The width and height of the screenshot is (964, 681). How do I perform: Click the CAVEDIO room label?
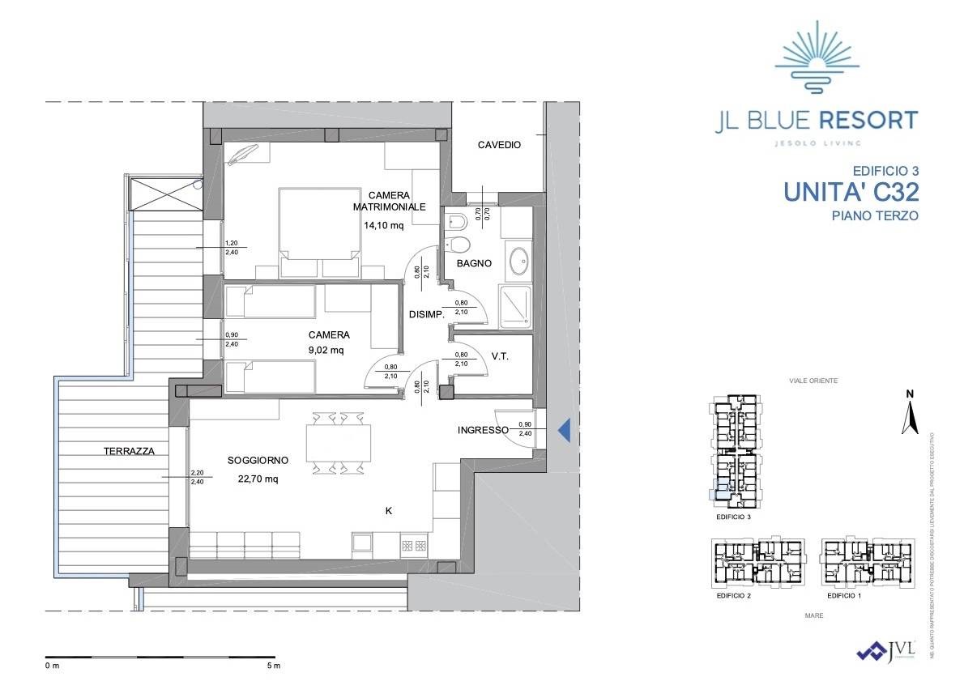[498, 145]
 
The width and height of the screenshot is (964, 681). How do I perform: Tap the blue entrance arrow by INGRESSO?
[565, 430]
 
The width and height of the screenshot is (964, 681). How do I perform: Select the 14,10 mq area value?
[386, 226]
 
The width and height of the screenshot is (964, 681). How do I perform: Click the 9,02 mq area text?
[326, 351]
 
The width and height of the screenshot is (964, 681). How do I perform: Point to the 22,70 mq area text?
[258, 479]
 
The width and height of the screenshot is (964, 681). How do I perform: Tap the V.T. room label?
[499, 356]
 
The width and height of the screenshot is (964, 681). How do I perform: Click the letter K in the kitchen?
[388, 511]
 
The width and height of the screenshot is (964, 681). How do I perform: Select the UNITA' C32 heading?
[850, 192]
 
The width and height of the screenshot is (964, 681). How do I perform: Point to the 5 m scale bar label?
[273, 666]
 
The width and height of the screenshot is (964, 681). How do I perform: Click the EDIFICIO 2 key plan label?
[734, 596]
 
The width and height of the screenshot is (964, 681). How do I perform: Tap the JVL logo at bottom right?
[886, 651]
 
